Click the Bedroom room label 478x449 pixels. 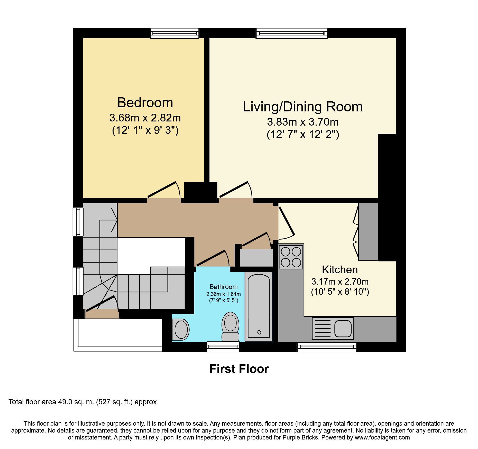click(x=145, y=103)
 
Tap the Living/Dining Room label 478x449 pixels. click(x=302, y=107)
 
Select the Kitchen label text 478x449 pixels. click(x=340, y=270)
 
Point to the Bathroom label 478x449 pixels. click(x=224, y=287)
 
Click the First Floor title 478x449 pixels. click(x=239, y=369)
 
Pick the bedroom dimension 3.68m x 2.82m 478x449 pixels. click(x=145, y=118)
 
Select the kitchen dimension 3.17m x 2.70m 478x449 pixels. click(x=340, y=281)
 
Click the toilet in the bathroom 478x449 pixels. click(x=230, y=327)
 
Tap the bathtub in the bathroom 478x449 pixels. click(x=259, y=306)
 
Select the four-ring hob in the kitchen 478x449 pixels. click(x=291, y=257)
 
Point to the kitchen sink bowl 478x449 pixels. click(x=343, y=329)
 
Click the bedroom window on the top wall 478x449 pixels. click(x=174, y=33)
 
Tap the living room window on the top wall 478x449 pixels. click(x=292, y=33)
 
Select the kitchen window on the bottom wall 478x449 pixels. click(x=327, y=347)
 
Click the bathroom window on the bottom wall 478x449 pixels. click(x=223, y=347)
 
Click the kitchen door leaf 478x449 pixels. click(x=287, y=221)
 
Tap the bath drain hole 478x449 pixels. click(x=259, y=332)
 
